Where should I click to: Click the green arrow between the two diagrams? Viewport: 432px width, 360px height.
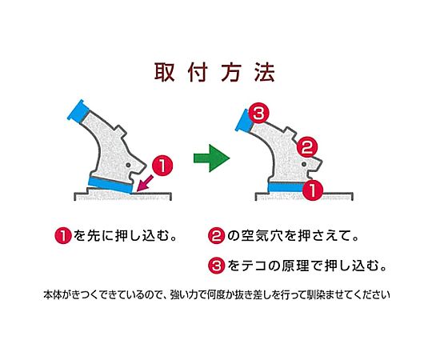(211, 158)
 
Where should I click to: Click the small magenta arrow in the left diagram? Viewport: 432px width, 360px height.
(145, 183)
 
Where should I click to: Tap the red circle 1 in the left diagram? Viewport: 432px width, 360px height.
(162, 166)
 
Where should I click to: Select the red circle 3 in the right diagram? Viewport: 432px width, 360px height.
(258, 113)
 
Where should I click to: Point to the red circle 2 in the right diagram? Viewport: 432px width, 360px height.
(307, 148)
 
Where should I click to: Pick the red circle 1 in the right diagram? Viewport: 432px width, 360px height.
(313, 190)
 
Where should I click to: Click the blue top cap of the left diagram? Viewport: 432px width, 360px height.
(78, 112)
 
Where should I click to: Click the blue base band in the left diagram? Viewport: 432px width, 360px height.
(110, 184)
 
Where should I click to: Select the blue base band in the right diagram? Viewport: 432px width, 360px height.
(286, 187)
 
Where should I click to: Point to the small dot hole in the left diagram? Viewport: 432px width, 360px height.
(128, 165)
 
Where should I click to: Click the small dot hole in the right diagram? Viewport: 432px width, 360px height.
(304, 164)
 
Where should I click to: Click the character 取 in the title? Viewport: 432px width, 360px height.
(164, 73)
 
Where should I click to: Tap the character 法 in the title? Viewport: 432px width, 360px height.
(265, 73)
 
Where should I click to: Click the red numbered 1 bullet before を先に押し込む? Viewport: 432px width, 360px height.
(63, 236)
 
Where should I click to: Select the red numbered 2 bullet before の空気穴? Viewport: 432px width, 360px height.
(216, 236)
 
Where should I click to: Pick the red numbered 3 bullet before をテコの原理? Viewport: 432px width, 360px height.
(216, 266)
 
